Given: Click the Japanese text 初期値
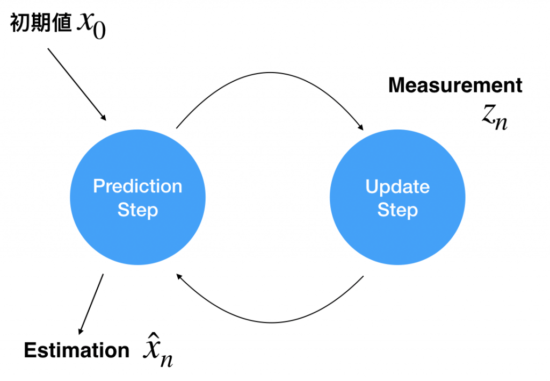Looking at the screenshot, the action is [x=41, y=23].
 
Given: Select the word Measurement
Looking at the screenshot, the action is [x=455, y=85].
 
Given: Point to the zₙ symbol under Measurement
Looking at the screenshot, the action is [x=495, y=117].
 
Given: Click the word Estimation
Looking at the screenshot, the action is [x=76, y=350].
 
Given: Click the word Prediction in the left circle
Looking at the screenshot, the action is [x=137, y=186].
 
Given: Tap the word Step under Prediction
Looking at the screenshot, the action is [x=137, y=210].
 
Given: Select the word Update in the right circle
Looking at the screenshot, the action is [x=397, y=186].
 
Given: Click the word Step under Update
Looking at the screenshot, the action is [x=397, y=210].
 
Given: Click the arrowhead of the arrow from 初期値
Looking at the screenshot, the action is [x=104, y=118].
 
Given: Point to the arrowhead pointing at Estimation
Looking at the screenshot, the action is [x=81, y=331].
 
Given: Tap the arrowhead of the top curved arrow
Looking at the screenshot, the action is [x=360, y=127].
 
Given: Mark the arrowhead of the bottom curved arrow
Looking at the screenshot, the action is [x=179, y=277].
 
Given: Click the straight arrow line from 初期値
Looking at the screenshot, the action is [x=77, y=84].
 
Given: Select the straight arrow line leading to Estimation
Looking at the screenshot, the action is [x=91, y=304].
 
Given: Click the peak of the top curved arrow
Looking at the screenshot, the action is [x=270, y=73].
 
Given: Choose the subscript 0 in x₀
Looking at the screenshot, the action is [x=99, y=31].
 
